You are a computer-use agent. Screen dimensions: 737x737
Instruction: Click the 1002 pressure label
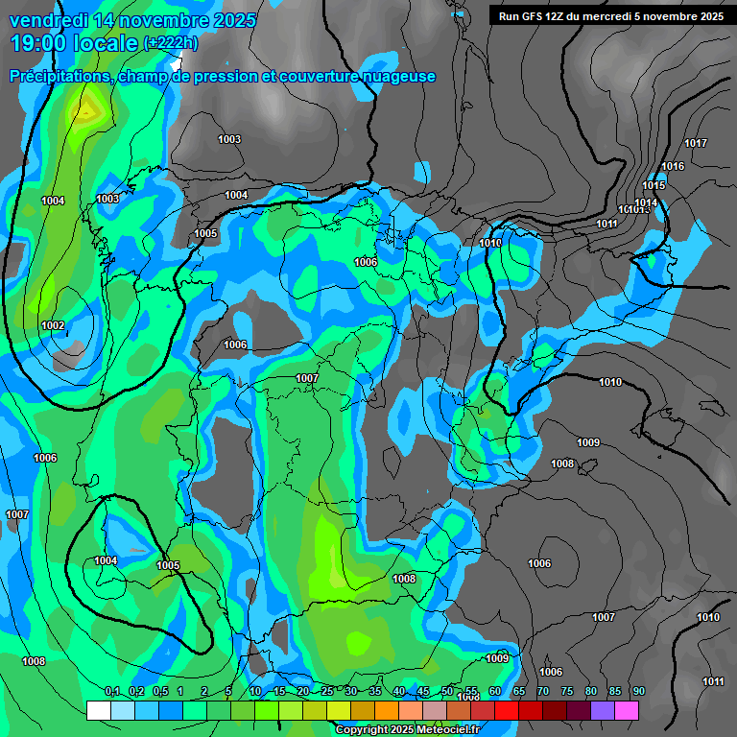(x=53, y=325)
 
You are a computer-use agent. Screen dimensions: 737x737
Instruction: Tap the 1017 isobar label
(x=696, y=144)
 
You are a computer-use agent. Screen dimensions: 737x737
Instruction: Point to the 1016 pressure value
(x=673, y=167)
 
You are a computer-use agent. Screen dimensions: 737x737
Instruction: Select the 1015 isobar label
(x=654, y=186)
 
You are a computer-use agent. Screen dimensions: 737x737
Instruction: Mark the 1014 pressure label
(x=646, y=202)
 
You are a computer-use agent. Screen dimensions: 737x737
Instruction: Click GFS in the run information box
(x=533, y=16)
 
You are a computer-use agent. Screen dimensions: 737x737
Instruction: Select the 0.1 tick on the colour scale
(x=111, y=692)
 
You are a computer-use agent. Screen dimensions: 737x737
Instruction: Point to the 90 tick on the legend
(x=638, y=692)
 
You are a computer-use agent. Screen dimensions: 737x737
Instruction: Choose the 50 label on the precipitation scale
(x=447, y=692)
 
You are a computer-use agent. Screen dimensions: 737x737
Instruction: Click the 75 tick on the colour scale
(x=566, y=692)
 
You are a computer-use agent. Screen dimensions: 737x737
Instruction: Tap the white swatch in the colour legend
(x=98, y=710)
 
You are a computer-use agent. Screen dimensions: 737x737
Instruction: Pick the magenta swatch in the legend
(x=627, y=710)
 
